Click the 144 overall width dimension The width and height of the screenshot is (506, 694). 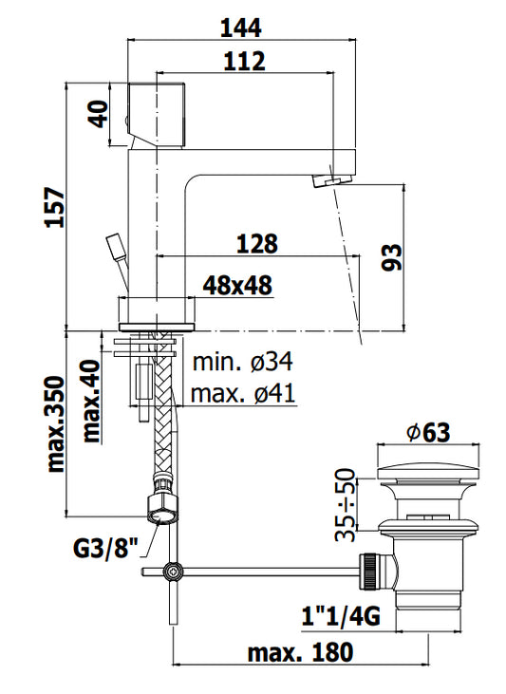(x=241, y=28)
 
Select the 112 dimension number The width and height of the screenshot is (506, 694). (x=244, y=61)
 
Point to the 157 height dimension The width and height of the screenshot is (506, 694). (x=56, y=207)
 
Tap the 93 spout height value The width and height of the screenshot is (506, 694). (x=392, y=257)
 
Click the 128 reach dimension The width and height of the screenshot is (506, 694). (x=257, y=244)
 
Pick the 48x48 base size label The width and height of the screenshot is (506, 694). (x=237, y=286)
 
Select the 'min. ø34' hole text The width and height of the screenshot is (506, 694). (x=243, y=362)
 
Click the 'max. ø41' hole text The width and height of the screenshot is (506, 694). (x=243, y=393)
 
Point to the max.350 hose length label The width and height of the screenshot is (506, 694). (x=56, y=424)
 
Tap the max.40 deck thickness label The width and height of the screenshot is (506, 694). (x=92, y=402)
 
